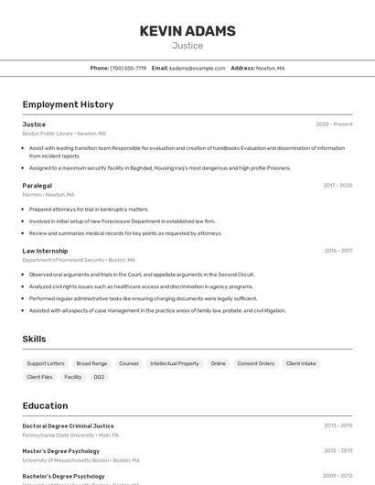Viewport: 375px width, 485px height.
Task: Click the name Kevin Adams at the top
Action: coord(187,31)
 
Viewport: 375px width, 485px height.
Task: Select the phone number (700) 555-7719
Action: coord(128,68)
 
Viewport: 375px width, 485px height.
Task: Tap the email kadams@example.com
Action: coord(197,68)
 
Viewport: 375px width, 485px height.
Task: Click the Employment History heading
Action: coord(68,104)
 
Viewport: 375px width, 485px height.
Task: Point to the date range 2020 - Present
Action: coord(334,124)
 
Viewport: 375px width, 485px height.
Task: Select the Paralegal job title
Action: coord(37,185)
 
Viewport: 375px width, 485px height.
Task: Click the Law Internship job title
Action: coord(45,251)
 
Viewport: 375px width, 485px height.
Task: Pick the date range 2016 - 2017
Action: coord(337,251)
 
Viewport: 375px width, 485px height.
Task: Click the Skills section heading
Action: coord(34,339)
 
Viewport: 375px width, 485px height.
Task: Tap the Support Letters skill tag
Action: coord(46,363)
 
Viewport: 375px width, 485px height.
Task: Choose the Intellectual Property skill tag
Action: coord(175,363)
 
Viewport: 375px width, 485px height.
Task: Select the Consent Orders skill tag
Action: coord(256,363)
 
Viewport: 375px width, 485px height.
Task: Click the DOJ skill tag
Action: coord(99,377)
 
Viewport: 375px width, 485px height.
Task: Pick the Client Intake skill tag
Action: coord(301,363)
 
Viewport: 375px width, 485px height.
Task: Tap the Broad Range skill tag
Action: coord(91,363)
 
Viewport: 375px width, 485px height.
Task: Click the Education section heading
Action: coord(45,405)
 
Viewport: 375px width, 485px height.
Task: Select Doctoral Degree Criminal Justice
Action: coord(69,426)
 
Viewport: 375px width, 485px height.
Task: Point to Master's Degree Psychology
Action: coord(61,450)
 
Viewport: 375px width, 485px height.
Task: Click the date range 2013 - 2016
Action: coord(337,426)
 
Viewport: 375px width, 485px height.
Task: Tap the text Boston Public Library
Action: coord(48,134)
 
